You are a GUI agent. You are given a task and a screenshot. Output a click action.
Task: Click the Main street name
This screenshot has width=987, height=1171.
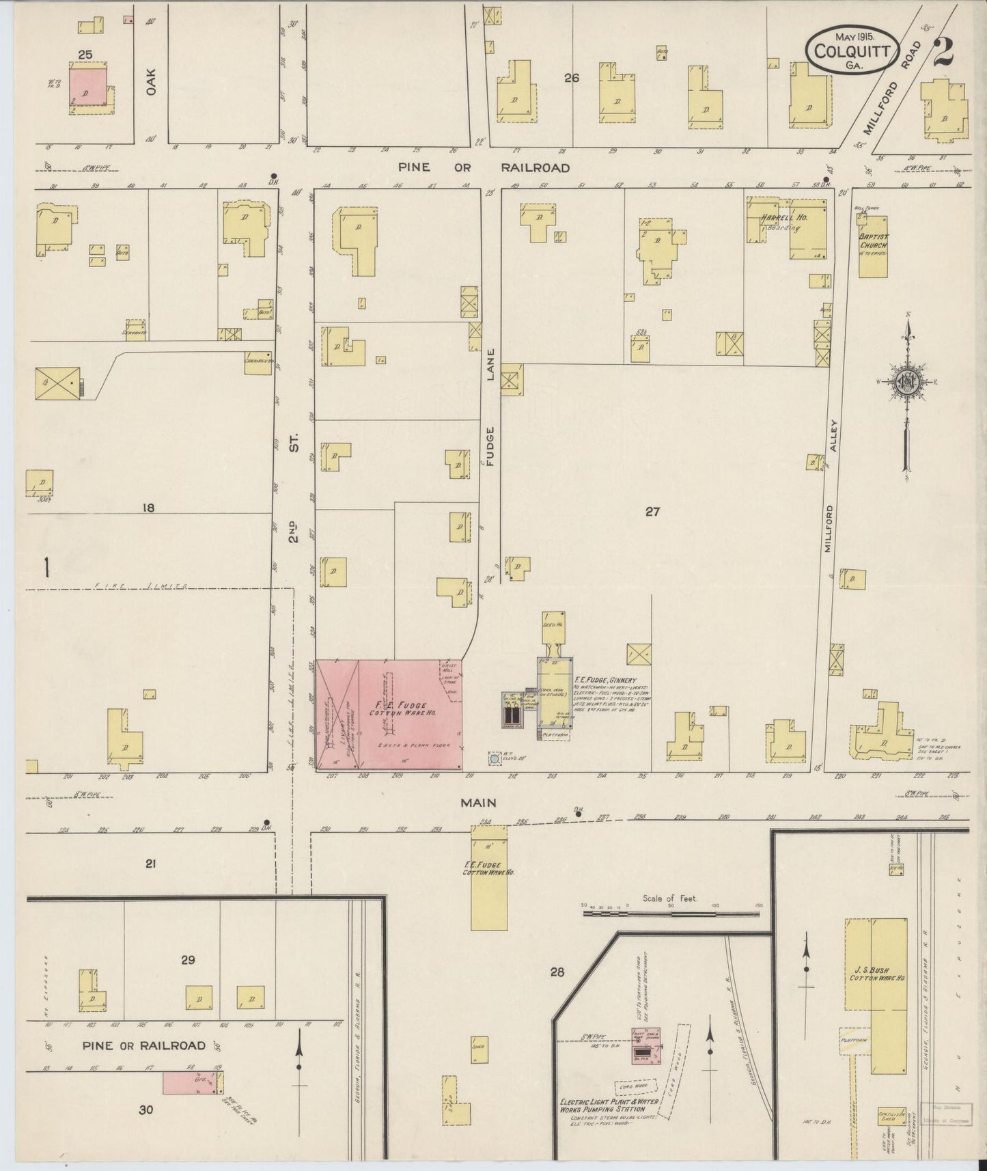pyautogui.click(x=477, y=803)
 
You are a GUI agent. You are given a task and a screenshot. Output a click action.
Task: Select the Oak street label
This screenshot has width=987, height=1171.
pyautogui.click(x=151, y=81)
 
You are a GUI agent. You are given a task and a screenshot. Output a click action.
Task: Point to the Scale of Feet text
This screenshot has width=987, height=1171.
pyautogui.click(x=670, y=898)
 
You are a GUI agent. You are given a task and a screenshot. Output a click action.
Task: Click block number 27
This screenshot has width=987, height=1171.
pyautogui.click(x=653, y=511)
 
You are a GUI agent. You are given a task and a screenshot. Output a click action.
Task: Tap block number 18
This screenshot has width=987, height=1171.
pyautogui.click(x=149, y=508)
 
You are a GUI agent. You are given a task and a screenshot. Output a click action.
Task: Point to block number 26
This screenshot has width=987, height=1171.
pyautogui.click(x=572, y=79)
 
